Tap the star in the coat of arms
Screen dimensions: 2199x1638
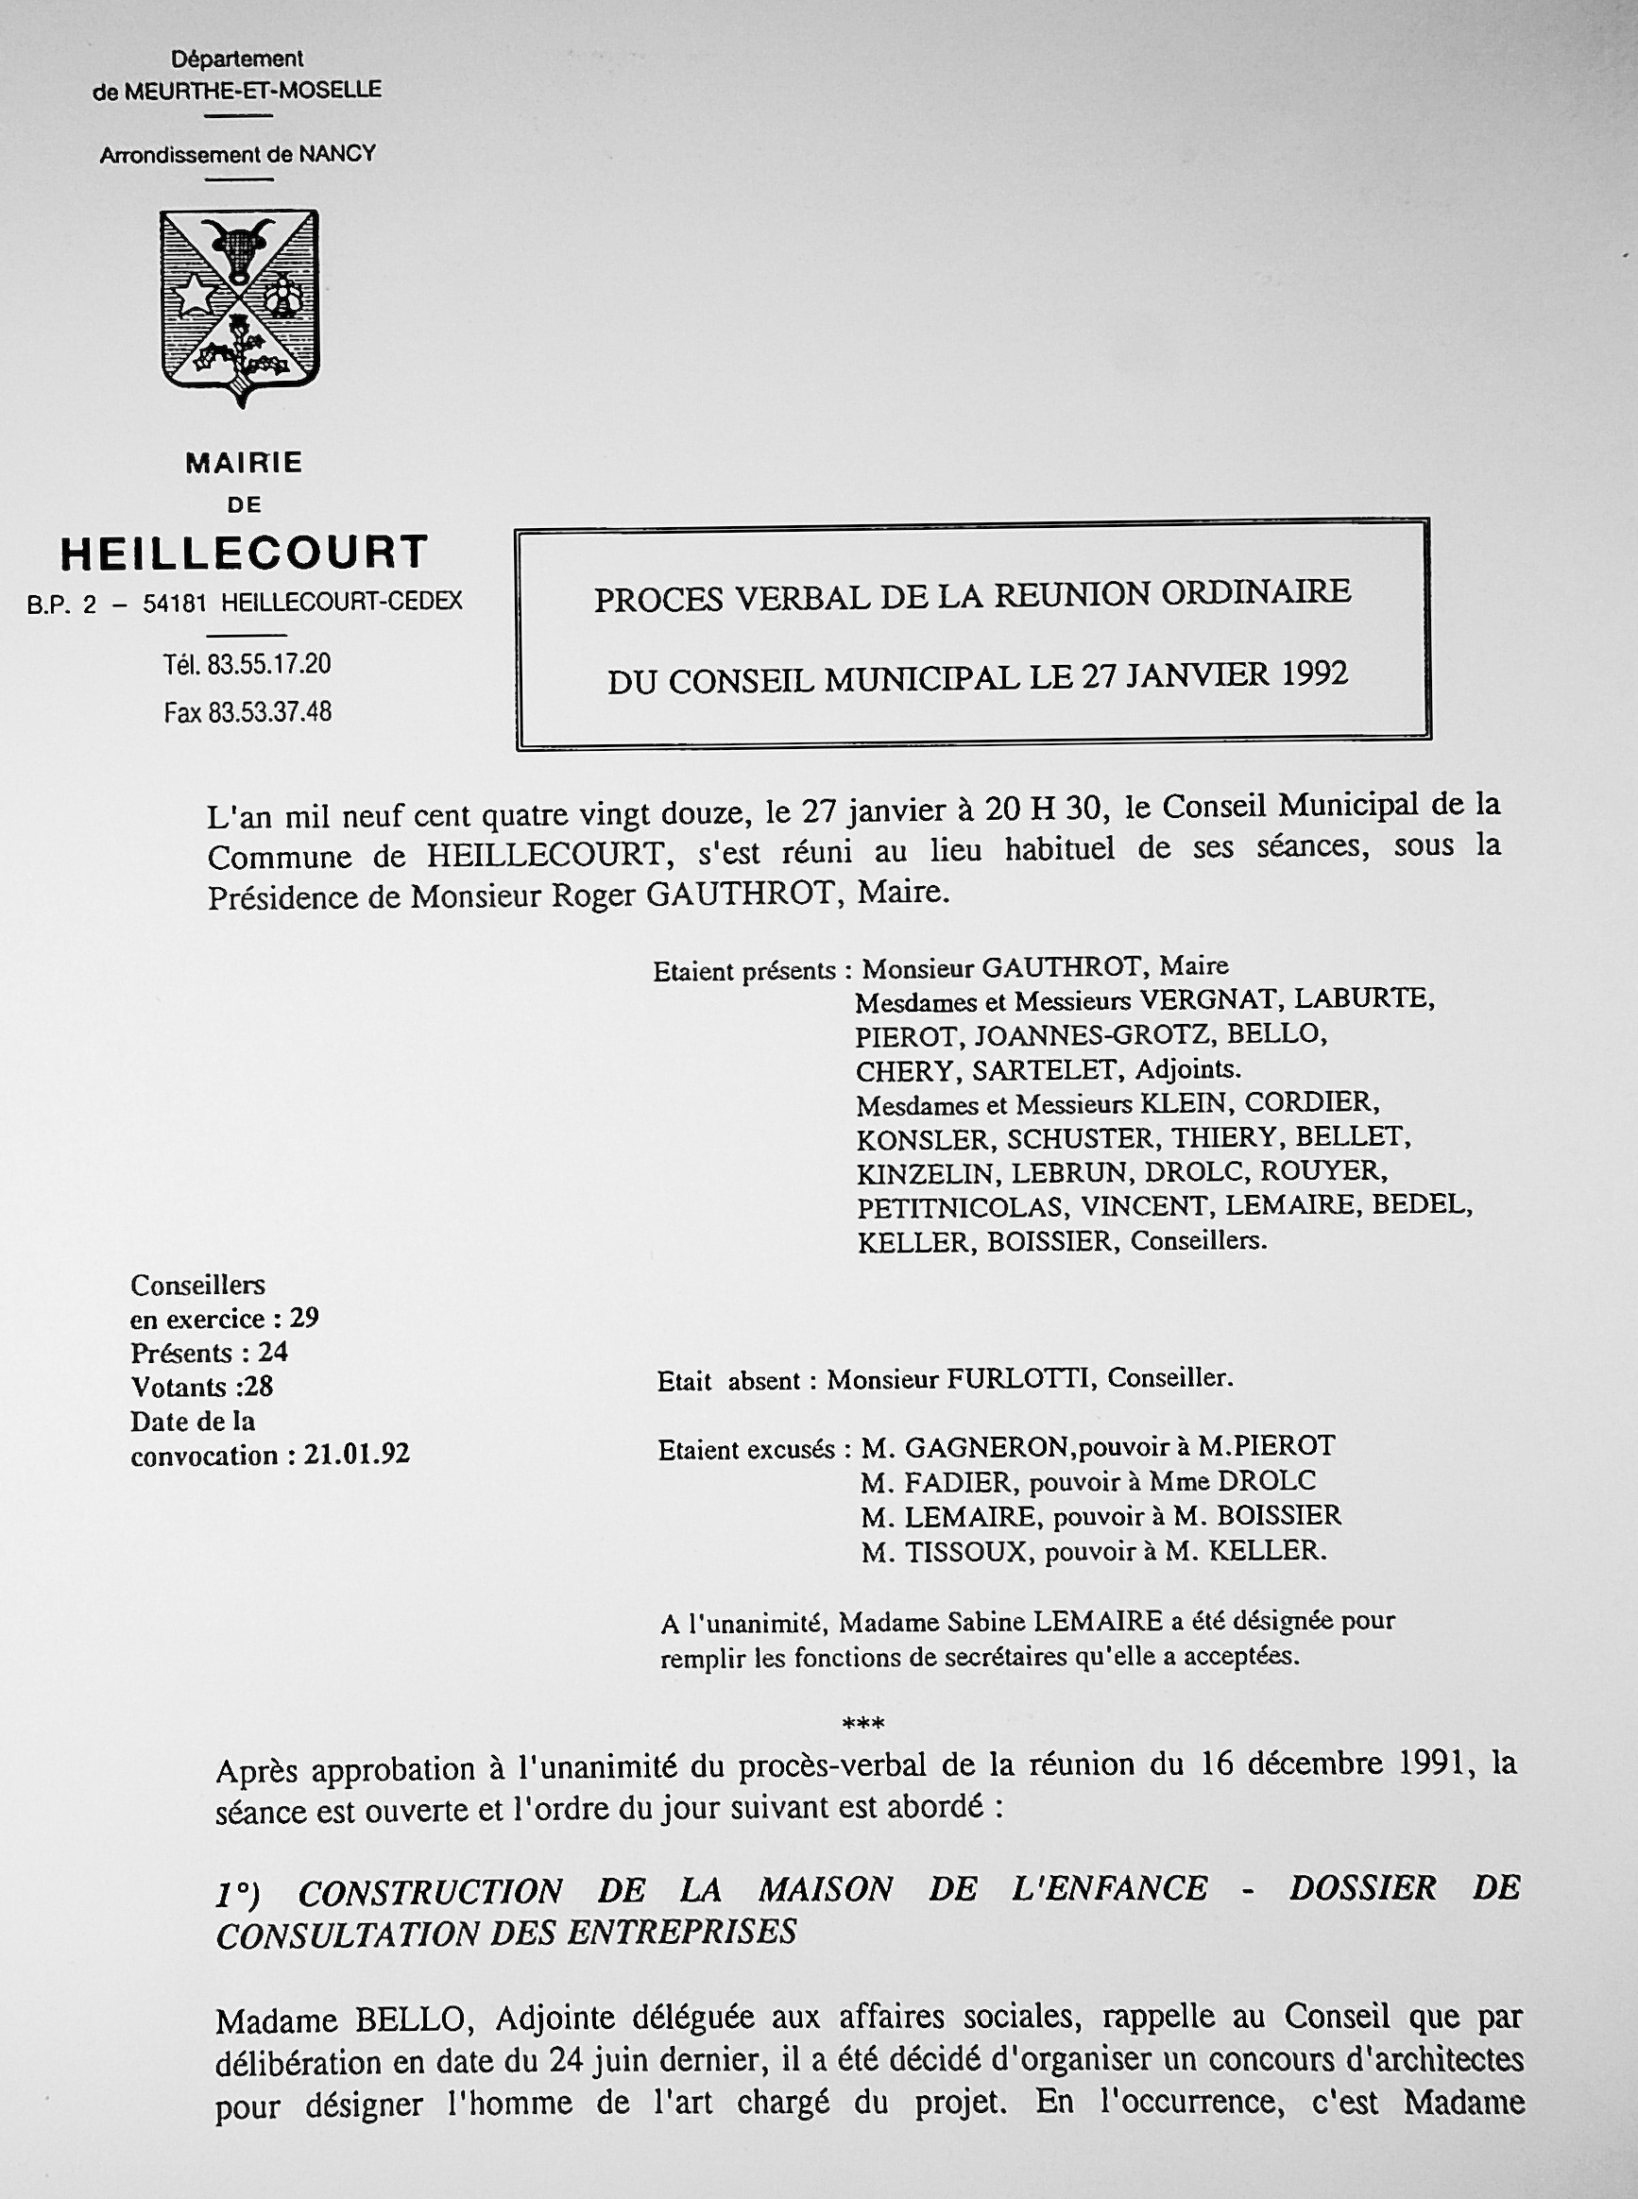[x=196, y=296]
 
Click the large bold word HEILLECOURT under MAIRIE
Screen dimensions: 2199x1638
[x=244, y=554]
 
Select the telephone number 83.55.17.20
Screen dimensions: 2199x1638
[x=268, y=664]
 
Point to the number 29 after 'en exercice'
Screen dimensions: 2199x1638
[x=303, y=1319]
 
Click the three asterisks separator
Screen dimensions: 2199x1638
[x=862, y=1723]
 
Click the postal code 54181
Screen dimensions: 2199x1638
[x=175, y=603]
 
